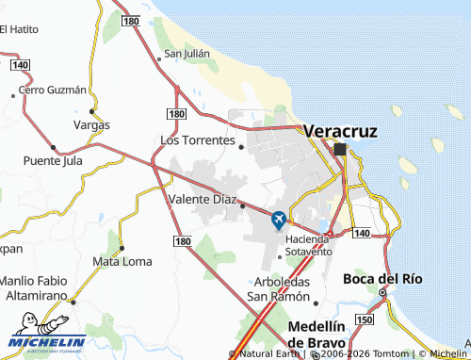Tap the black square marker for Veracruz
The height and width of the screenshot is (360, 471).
point(340,149)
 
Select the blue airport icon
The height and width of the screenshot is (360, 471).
point(279,220)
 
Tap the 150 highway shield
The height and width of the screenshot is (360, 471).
point(364,320)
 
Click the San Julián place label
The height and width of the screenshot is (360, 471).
point(187,54)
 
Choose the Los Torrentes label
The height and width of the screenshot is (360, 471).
point(197,139)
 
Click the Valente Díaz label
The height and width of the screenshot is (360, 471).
point(202,200)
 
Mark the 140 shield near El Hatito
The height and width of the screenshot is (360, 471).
point(21,65)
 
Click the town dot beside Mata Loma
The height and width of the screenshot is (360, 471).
point(122,248)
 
